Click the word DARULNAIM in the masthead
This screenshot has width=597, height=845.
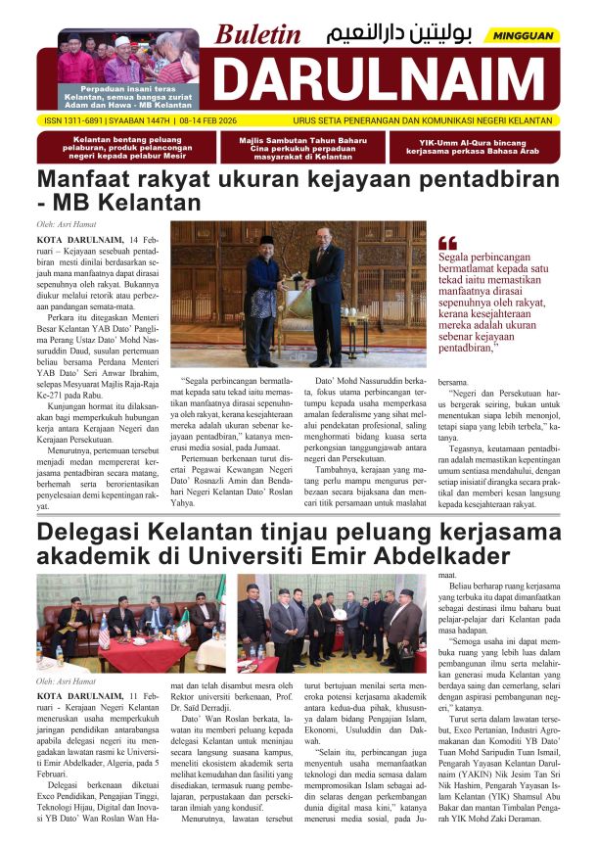pos(384,79)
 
